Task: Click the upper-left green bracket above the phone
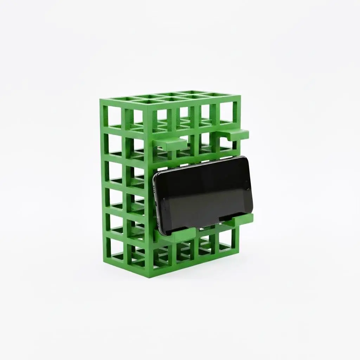click(x=170, y=143)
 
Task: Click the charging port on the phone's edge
click(x=156, y=204)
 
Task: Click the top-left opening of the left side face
click(x=115, y=116)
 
